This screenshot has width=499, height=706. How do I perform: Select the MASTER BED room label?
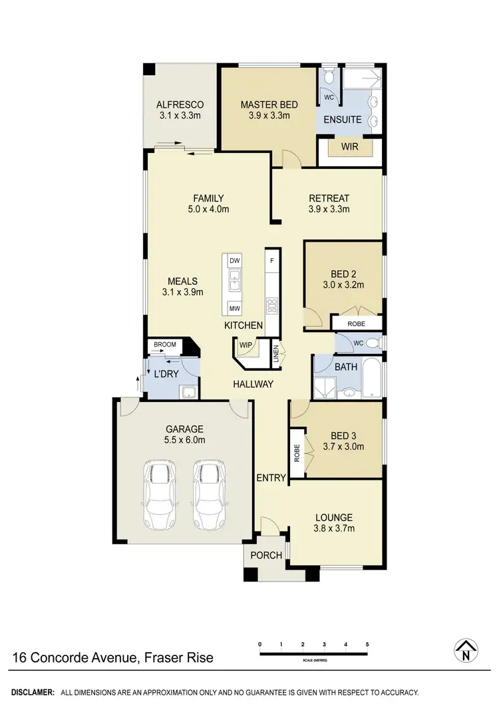(269, 105)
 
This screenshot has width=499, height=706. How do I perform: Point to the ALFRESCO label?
(180, 105)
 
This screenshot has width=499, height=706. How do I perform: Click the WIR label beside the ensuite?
(349, 146)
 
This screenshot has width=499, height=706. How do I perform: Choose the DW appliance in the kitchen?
(234, 261)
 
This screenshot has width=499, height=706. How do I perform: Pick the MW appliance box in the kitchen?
(234, 308)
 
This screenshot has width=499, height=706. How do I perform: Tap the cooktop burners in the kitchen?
(271, 306)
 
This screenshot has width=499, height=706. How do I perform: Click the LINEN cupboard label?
(275, 353)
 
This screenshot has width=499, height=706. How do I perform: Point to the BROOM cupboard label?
(164, 345)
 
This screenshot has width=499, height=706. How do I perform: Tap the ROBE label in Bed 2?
(357, 323)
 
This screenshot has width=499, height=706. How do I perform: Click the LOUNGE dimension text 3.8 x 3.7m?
(334, 529)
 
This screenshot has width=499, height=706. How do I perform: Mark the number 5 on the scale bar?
(367, 645)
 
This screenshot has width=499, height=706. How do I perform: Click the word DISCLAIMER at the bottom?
(32, 693)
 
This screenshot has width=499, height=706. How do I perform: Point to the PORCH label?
(266, 555)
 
